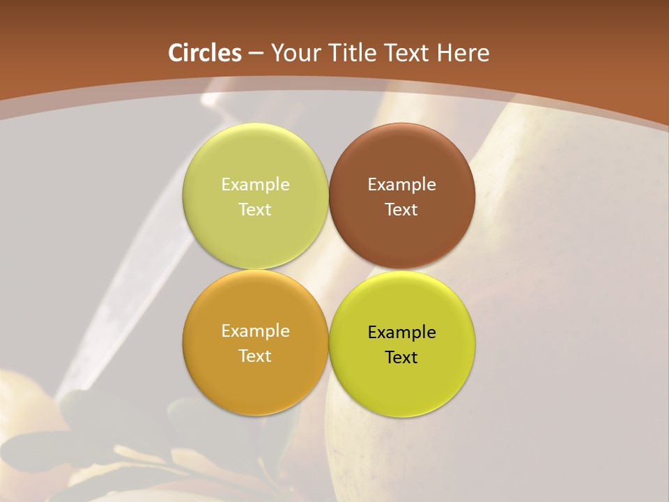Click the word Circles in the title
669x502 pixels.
[205, 53]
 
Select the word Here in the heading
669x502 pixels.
[463, 53]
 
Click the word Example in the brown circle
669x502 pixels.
[402, 185]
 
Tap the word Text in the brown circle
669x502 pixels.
[402, 210]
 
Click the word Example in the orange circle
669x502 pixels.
[256, 331]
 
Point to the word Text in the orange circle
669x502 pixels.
[256, 356]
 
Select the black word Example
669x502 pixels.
[402, 333]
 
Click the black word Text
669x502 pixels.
[402, 358]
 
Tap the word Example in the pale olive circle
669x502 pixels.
[256, 185]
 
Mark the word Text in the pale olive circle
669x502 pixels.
[256, 210]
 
